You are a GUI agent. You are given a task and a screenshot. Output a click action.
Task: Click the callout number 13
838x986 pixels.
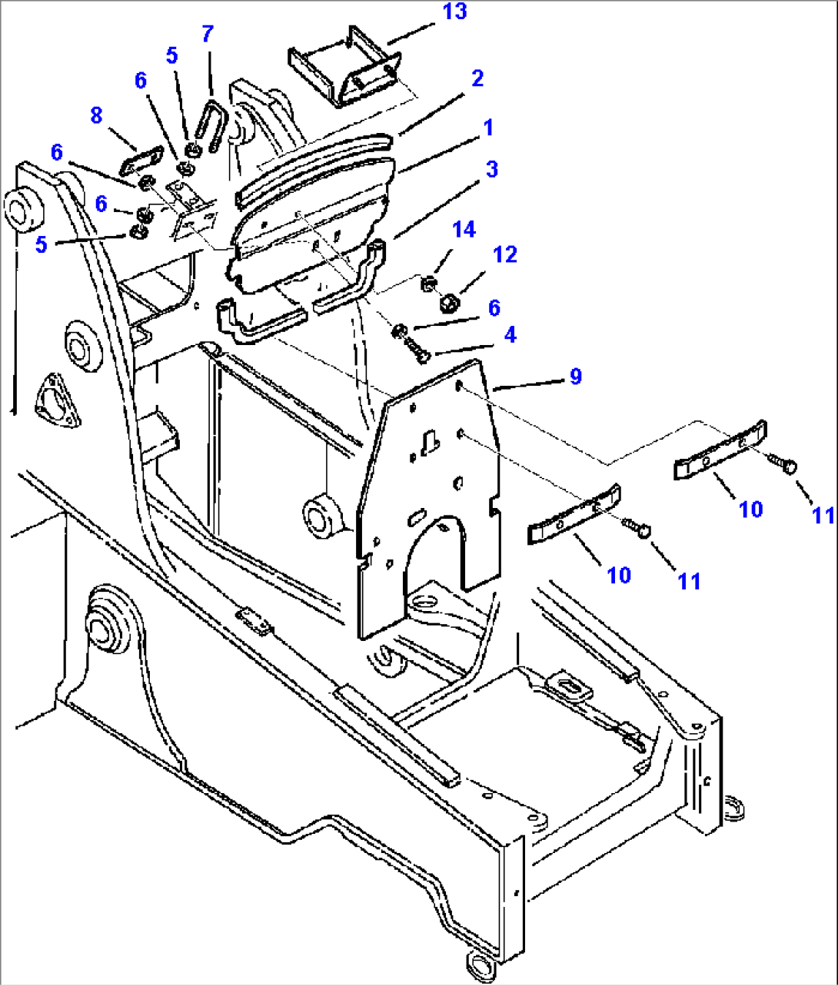pos(455,12)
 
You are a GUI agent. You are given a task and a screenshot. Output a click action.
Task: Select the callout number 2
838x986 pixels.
pos(477,78)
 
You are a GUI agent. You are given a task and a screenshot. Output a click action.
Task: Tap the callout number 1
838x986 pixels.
pos(487,128)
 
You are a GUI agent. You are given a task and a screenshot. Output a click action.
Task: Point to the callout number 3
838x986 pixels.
pos(491,169)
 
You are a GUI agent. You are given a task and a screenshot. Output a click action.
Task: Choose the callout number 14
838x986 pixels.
pos(464,230)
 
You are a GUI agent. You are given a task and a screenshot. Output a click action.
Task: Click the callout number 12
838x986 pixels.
pos(505,254)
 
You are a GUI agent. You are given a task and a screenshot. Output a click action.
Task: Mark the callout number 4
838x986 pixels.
pos(510,334)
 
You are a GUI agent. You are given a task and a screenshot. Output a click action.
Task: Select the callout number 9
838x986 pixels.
pos(575,377)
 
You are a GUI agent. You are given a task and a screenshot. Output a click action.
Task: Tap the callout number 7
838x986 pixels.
pos(208,35)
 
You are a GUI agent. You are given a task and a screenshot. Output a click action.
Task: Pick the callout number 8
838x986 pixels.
pos(96,115)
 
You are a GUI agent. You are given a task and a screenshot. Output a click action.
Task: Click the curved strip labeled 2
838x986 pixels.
pos(311,164)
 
